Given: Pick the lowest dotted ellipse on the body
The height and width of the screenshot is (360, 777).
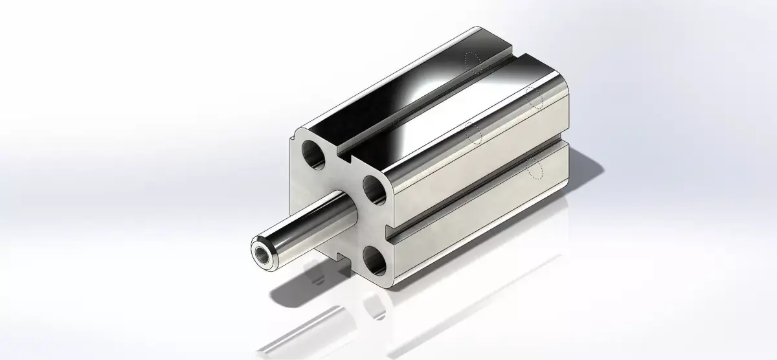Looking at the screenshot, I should pyautogui.click(x=535, y=168).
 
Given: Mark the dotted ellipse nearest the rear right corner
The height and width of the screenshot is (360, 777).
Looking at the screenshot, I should pyautogui.click(x=534, y=97).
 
